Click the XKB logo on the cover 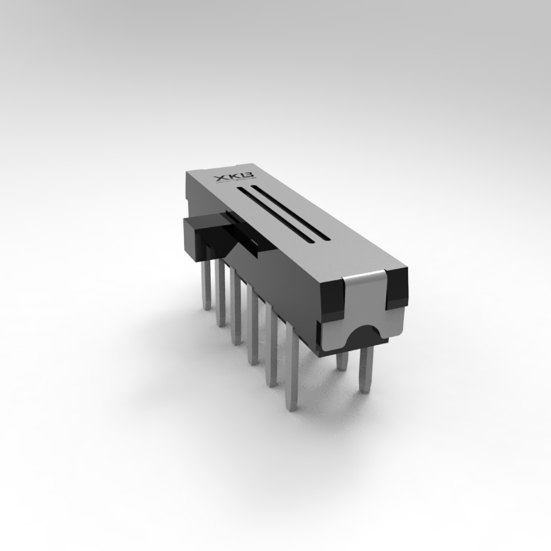pos(226,178)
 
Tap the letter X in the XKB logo pos(219,179)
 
